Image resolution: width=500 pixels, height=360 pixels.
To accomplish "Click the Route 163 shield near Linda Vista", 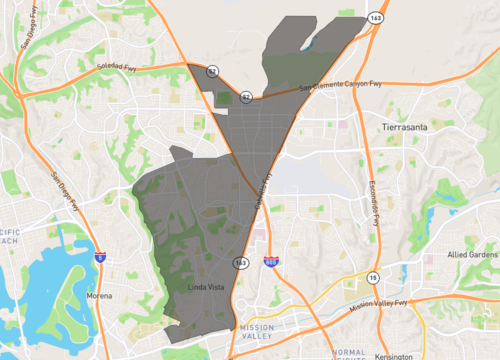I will click(242, 262).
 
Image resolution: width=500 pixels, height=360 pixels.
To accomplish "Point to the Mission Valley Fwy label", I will click(379, 302).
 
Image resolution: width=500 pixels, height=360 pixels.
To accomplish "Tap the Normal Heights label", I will click(349, 355).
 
